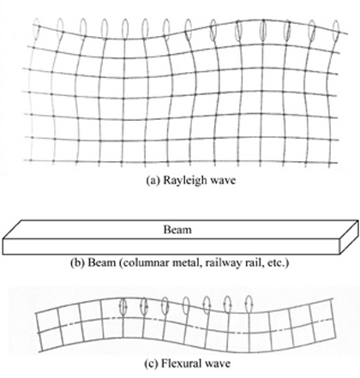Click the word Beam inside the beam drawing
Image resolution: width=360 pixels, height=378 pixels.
coord(177,230)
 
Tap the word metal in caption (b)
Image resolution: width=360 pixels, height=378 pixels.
coord(177,262)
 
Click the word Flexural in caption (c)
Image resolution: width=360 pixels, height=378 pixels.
coord(180,363)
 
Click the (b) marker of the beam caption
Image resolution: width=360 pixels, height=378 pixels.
coord(77,262)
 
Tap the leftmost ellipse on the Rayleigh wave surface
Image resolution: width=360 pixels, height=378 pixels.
coord(36,27)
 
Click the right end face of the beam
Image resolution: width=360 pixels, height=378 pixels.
coord(349,237)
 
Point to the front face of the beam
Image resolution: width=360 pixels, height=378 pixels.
coord(171,247)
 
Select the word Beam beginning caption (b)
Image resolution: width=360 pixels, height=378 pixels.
coord(102,262)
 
